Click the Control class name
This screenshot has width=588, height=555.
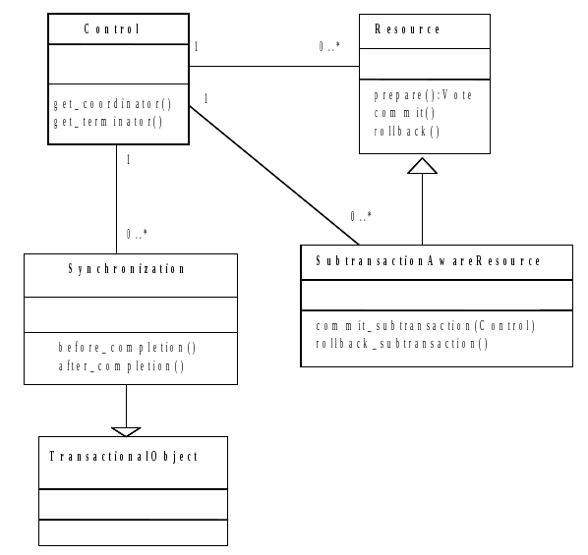click(x=120, y=29)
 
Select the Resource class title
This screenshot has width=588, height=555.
click(x=408, y=29)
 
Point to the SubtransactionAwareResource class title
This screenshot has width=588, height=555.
click(x=428, y=261)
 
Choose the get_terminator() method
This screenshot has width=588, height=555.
click(x=107, y=122)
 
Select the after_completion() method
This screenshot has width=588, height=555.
click(x=122, y=365)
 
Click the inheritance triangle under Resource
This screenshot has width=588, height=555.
click(x=423, y=165)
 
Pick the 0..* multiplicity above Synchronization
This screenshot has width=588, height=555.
click(x=137, y=234)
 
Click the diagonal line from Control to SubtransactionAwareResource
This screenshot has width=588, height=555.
click(x=275, y=177)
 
